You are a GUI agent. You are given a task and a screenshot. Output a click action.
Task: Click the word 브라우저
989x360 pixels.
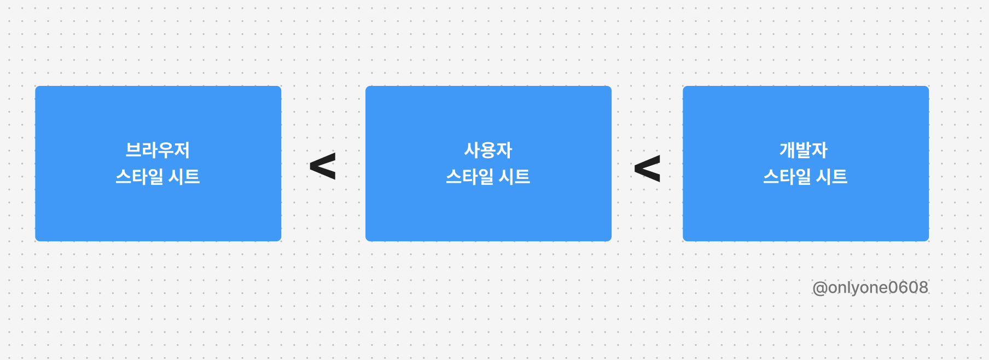pyautogui.click(x=158, y=150)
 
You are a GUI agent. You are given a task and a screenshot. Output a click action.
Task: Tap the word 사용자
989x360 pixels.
pyautogui.click(x=488, y=150)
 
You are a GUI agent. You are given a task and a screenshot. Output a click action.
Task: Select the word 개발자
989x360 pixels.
pyautogui.click(x=804, y=150)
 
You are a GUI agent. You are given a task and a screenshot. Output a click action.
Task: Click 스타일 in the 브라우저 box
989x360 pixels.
pyautogui.click(x=139, y=177)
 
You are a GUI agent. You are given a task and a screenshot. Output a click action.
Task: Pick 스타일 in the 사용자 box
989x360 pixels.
pyautogui.click(x=470, y=177)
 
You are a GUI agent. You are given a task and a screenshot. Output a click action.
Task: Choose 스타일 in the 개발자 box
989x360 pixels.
pyautogui.click(x=787, y=177)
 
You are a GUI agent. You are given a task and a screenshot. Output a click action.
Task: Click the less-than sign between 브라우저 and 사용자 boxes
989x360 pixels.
pyautogui.click(x=323, y=166)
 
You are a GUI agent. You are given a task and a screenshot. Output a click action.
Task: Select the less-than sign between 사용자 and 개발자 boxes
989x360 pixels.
pyautogui.click(x=647, y=169)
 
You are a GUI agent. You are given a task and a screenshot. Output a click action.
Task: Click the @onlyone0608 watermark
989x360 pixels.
pyautogui.click(x=870, y=288)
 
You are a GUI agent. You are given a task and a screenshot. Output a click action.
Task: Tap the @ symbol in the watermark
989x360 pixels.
pyautogui.click(x=819, y=288)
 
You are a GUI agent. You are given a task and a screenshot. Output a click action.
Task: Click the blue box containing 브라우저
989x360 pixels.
pyautogui.click(x=158, y=208)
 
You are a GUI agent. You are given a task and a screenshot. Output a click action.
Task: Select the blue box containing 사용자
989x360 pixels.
pyautogui.click(x=488, y=208)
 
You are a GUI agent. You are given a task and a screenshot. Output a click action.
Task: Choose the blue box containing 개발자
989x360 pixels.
pyautogui.click(x=806, y=208)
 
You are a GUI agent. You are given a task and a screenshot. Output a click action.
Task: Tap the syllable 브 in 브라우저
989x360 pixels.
pyautogui.click(x=133, y=150)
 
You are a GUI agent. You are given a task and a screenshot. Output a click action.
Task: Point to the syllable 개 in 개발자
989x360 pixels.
pyautogui.click(x=787, y=150)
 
